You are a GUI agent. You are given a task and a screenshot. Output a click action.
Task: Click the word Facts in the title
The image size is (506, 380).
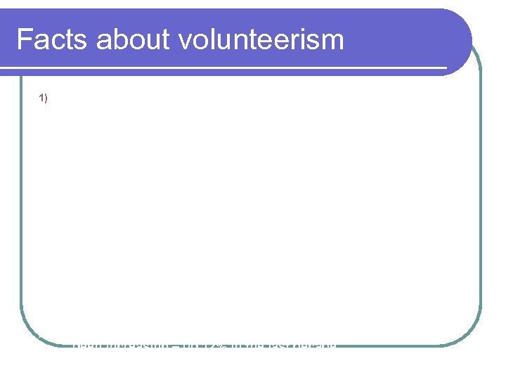click(53, 40)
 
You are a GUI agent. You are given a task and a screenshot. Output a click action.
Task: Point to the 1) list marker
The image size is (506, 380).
click(44, 99)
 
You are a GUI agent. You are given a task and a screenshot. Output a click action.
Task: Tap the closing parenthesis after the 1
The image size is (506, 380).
click(46, 99)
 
